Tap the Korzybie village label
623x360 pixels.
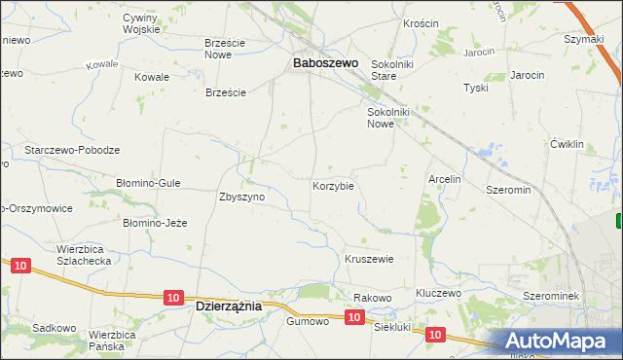332,185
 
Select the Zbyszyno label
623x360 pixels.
242,196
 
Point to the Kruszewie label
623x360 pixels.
369,259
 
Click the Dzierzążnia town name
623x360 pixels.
229,305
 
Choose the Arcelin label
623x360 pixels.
444,179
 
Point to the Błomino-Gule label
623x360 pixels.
148,182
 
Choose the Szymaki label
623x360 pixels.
584,39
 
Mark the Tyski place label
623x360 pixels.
476,88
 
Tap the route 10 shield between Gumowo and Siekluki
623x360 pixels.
354,317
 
